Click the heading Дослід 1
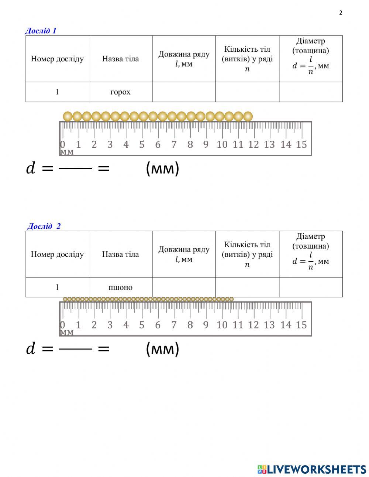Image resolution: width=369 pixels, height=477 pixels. tap(41, 31)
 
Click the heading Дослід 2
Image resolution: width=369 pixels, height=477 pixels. tap(44, 226)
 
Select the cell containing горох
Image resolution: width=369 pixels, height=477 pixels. tap(120, 92)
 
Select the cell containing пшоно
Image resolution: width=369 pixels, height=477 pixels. tap(120, 287)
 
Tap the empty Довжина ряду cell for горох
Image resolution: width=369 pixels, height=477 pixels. tap(184, 92)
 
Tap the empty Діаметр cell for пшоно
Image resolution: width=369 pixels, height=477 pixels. tap(311, 287)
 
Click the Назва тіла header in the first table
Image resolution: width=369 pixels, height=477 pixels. tap(120, 59)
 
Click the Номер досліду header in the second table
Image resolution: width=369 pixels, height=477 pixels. tap(57, 254)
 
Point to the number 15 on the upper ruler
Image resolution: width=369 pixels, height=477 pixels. tap(301, 144)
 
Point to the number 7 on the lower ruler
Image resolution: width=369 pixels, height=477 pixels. tap(174, 325)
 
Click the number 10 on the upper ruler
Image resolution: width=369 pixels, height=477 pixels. tap(222, 144)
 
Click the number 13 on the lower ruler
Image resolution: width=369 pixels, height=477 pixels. tap(269, 325)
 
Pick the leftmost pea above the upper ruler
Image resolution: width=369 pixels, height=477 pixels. tap(68, 117)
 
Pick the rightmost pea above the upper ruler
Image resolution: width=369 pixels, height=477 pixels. tap(248, 117)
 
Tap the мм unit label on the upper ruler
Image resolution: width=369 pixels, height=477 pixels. tap(67, 152)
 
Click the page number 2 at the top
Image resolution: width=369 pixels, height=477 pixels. tap(341, 13)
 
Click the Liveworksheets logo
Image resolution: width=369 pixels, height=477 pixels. tap(312, 469)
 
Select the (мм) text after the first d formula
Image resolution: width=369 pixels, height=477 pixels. tap(162, 168)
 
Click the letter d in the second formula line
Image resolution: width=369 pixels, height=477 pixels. tap(31, 349)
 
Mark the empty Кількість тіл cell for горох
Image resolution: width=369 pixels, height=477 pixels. tap(247, 92)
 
